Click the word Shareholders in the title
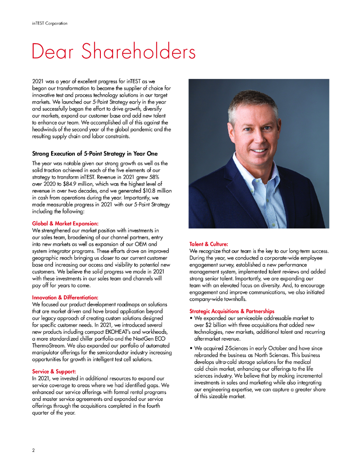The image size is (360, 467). pyautogui.click(x=143, y=52)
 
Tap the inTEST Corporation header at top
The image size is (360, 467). pyautogui.click(x=47, y=23)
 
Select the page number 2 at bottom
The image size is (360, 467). pyautogui.click(x=33, y=450)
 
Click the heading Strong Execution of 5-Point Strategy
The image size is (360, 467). pyautogui.click(x=94, y=154)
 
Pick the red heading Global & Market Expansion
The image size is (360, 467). pyautogui.click(x=65, y=223)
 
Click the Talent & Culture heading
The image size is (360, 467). pyautogui.click(x=209, y=244)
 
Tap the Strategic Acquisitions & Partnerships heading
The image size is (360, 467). pyautogui.click(x=232, y=311)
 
